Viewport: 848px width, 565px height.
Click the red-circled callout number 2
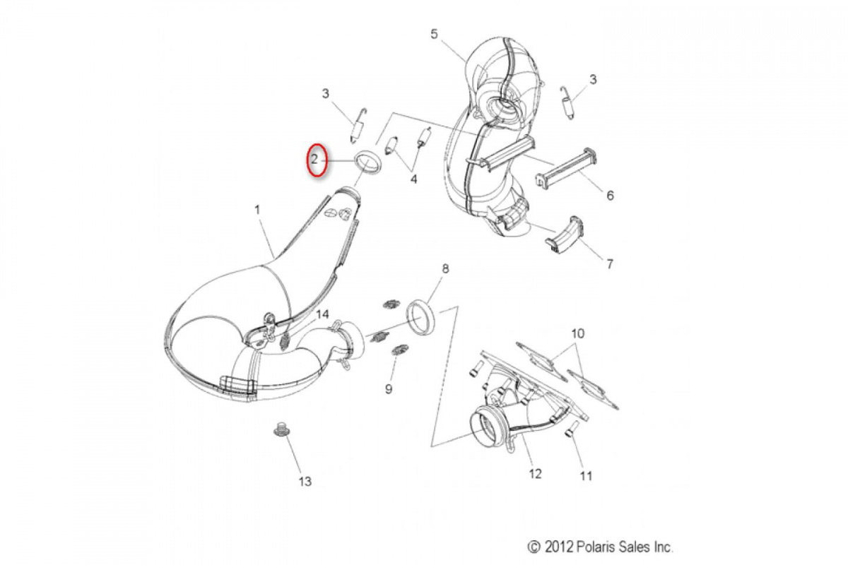click(x=314, y=160)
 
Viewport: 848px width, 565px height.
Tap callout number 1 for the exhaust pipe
click(x=257, y=210)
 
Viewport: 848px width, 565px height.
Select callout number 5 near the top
click(x=434, y=34)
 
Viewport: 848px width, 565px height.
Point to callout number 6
click(x=610, y=195)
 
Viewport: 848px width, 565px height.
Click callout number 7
click(x=609, y=263)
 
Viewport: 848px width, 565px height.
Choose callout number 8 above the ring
click(x=445, y=268)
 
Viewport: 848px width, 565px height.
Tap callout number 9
click(x=389, y=388)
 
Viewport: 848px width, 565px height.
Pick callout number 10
click(x=578, y=333)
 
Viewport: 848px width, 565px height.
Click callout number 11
click(x=586, y=476)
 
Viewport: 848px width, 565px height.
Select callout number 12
click(x=535, y=473)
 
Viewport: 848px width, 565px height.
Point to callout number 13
click(x=305, y=482)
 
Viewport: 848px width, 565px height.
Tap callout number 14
click(x=322, y=314)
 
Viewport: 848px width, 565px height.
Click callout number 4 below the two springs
click(x=414, y=179)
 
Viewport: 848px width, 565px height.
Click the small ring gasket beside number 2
click(x=368, y=162)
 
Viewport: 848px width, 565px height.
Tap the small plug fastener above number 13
click(x=279, y=430)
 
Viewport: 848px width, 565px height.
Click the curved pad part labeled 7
click(x=564, y=234)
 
